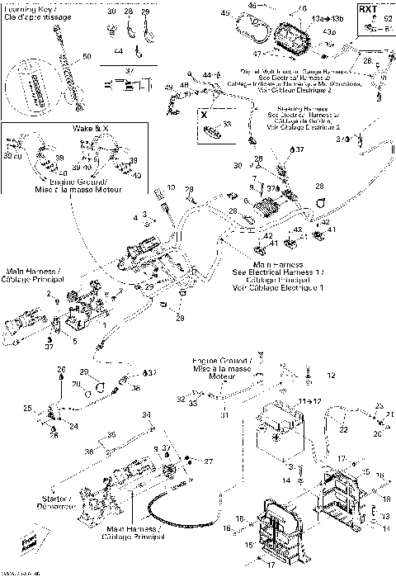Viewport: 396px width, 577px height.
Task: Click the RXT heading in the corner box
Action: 367,10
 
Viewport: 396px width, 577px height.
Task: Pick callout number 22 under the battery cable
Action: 342,429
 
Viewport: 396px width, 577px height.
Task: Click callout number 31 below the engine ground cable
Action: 223,414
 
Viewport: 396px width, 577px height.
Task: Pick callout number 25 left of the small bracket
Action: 27,408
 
